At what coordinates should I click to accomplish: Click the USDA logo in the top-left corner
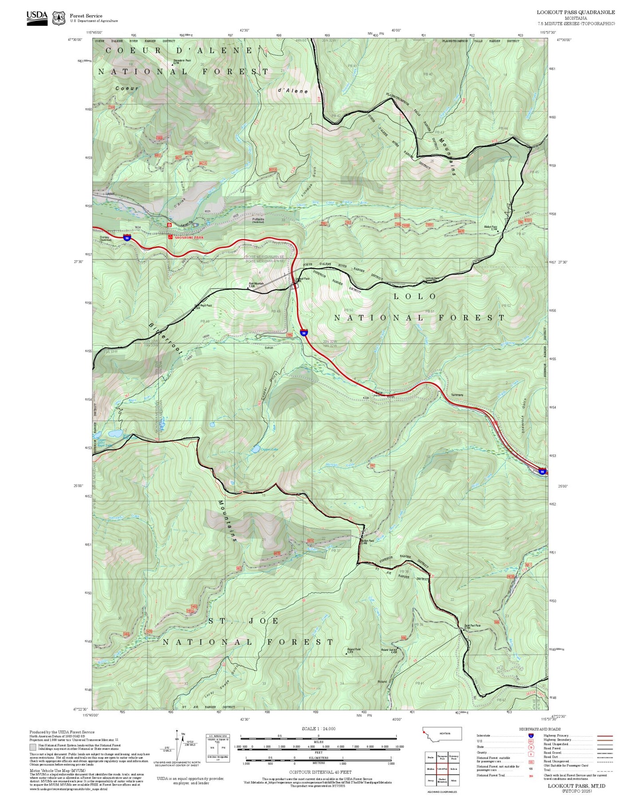pos(37,17)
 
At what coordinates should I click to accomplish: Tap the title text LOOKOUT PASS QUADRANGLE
pos(576,12)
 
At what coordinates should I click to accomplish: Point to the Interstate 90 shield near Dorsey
pos(127,238)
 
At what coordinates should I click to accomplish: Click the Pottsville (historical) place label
pos(258,220)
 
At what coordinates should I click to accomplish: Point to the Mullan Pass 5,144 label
pos(491,228)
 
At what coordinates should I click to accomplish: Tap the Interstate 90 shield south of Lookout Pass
pos(304,332)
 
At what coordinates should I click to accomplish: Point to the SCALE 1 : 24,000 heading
pos(319,729)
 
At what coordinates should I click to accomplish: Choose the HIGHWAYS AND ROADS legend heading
pos(539,729)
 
